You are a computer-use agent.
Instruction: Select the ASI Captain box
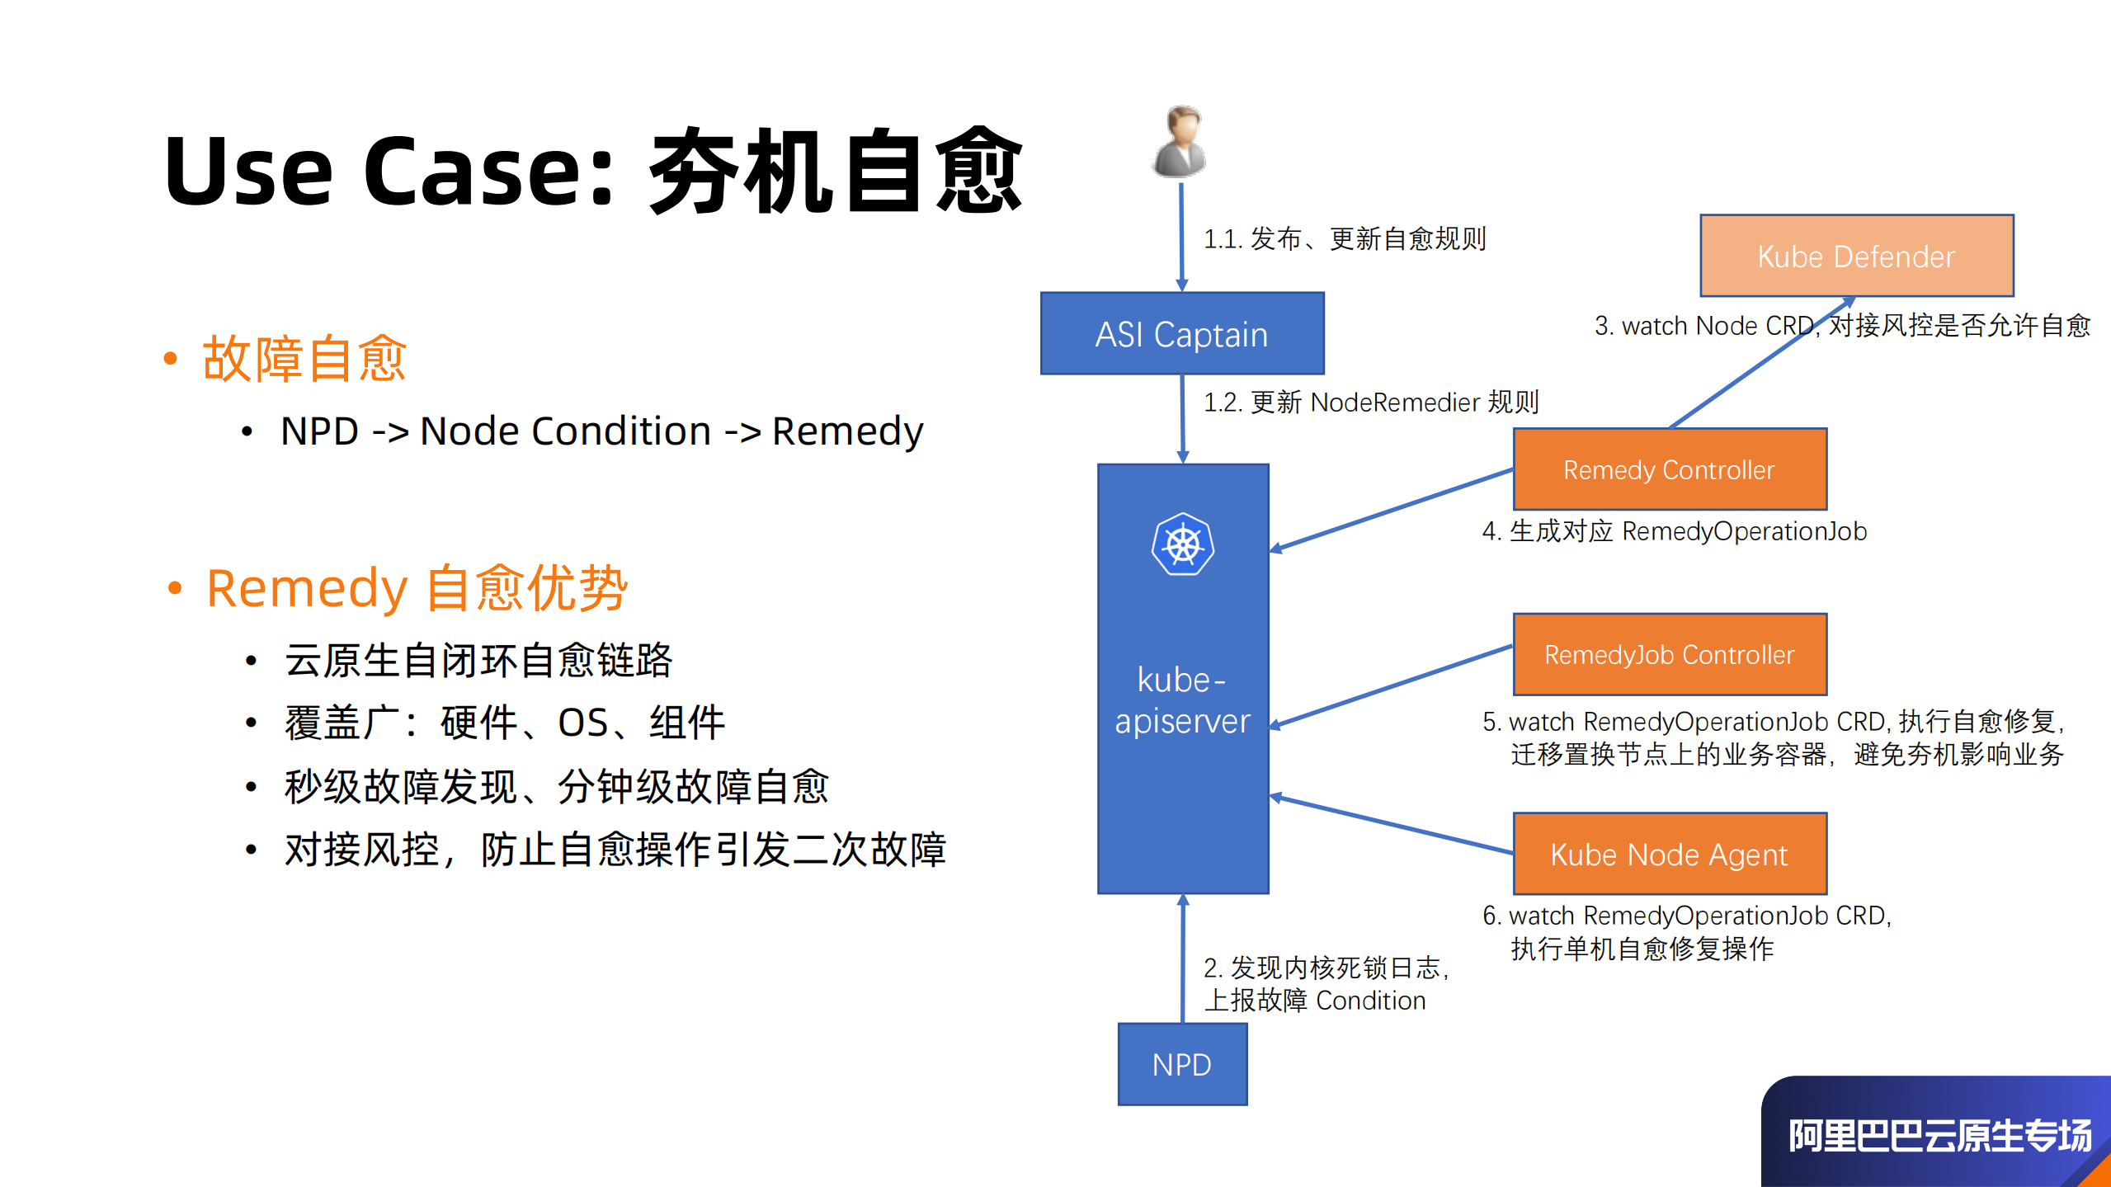pyautogui.click(x=1181, y=333)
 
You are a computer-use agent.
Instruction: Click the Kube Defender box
pyautogui.click(x=1856, y=256)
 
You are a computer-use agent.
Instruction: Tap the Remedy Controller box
pyautogui.click(x=1669, y=469)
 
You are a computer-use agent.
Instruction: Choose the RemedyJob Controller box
pyautogui.click(x=1669, y=654)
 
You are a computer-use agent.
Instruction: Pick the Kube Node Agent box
pyautogui.click(x=1669, y=854)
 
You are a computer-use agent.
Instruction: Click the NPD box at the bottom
pyautogui.click(x=1181, y=1064)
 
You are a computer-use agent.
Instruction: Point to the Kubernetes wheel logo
pyautogui.click(x=1182, y=544)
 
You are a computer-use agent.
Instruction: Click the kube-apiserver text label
pyautogui.click(x=1182, y=700)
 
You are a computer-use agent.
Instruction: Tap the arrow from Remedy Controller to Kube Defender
pyautogui.click(x=1757, y=364)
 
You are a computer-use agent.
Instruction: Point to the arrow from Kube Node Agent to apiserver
pyautogui.click(x=1394, y=825)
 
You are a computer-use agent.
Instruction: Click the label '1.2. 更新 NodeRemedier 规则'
pyautogui.click(x=1371, y=403)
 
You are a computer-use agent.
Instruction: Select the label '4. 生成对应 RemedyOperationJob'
pyautogui.click(x=1674, y=531)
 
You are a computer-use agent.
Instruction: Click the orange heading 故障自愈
pyautogui.click(x=304, y=359)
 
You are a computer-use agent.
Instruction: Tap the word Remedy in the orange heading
pyautogui.click(x=307, y=589)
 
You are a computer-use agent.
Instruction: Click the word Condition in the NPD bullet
pyautogui.click(x=621, y=431)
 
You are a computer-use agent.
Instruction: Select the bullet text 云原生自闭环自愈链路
pyautogui.click(x=478, y=661)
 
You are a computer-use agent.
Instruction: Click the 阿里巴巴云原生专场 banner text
pyautogui.click(x=1939, y=1136)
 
